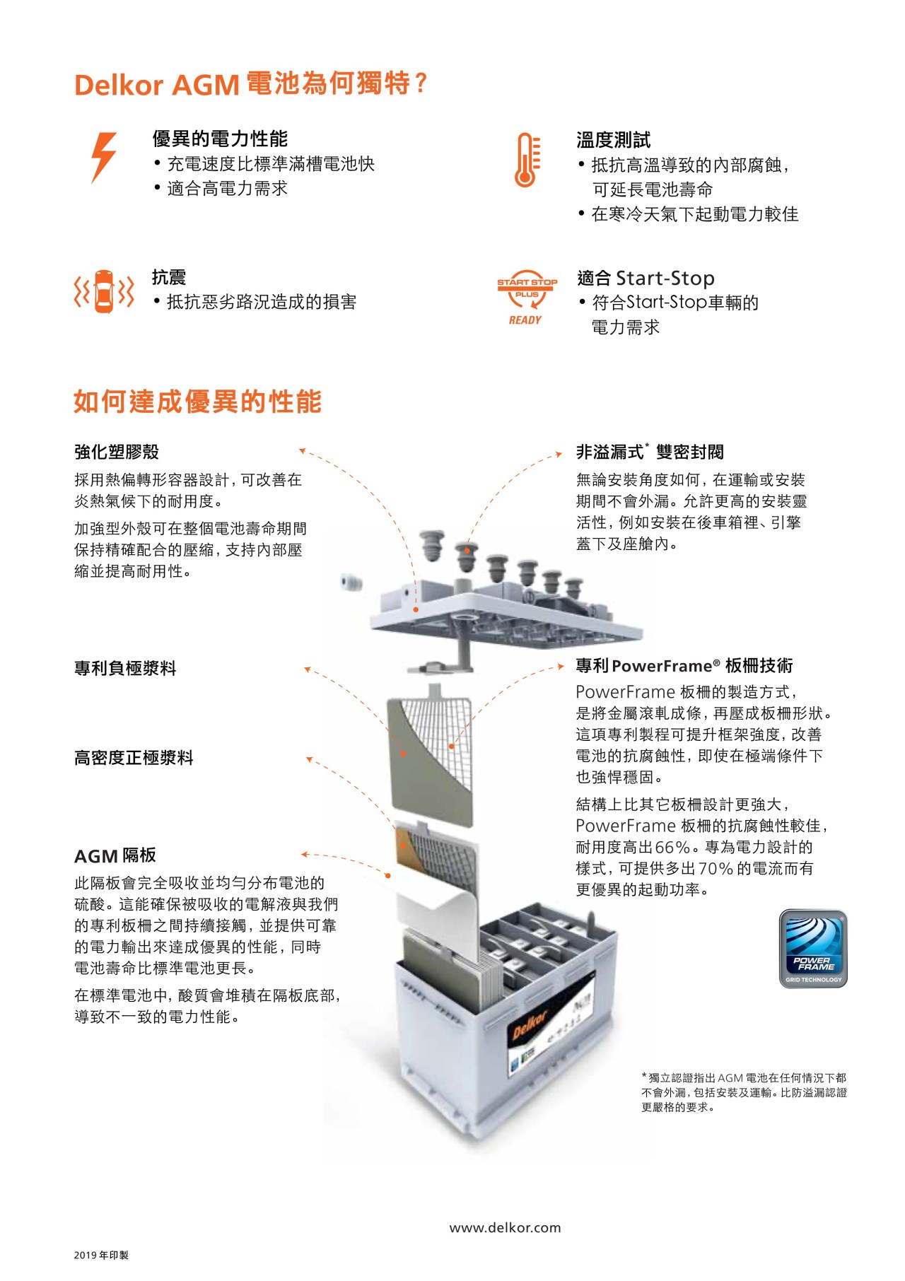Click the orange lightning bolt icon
[103, 157]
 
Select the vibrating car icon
[104, 291]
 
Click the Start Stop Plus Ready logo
[527, 297]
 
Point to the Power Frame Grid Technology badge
[813, 949]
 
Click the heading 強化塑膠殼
[117, 452]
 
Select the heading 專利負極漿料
[125, 668]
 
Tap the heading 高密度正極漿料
[134, 758]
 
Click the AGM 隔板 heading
[115, 856]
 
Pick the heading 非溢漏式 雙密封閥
[650, 452]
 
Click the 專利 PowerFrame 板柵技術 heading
[684, 666]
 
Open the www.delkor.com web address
[505, 1228]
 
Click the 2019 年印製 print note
[101, 1256]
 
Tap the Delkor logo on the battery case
[530, 1024]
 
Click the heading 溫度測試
[613, 140]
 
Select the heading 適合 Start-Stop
[646, 278]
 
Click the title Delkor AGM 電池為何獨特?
[251, 84]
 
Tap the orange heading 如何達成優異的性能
[198, 402]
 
